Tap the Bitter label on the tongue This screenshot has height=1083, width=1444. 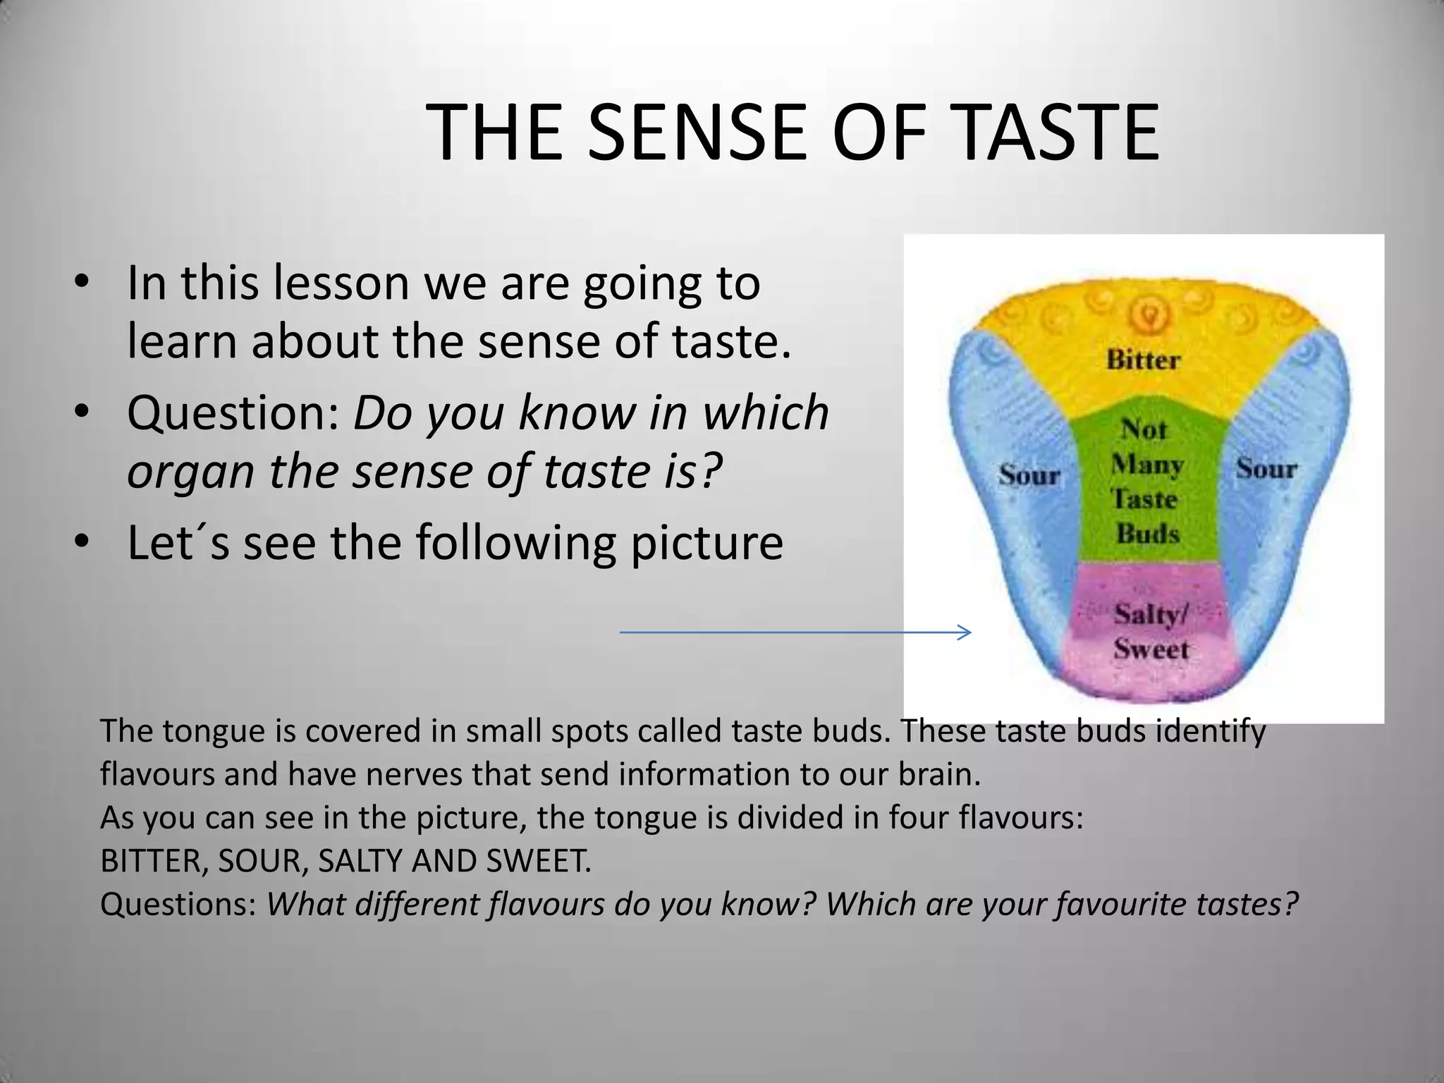click(x=1142, y=360)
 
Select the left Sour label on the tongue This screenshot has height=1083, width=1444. click(x=1029, y=475)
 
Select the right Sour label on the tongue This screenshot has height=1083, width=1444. click(x=1266, y=468)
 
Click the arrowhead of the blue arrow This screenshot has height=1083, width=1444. click(x=966, y=632)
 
